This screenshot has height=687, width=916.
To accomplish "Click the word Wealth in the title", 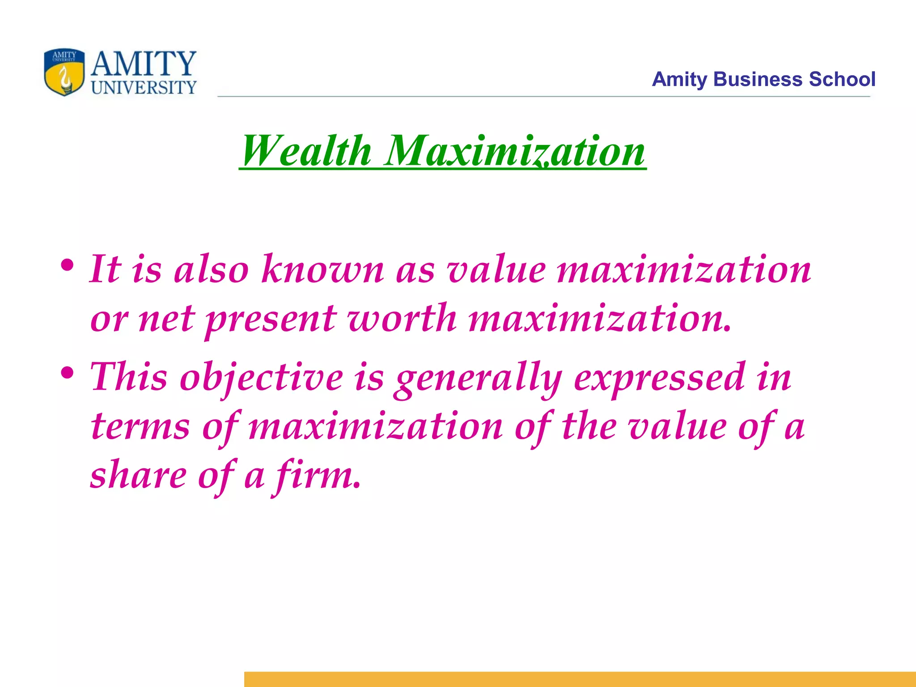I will (x=307, y=151).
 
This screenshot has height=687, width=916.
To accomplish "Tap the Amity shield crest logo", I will (x=64, y=72).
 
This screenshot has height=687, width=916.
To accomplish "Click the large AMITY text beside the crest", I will (x=144, y=64).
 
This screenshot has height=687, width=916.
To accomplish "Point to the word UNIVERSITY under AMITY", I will (x=144, y=87).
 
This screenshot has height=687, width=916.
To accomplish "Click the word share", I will (x=138, y=475).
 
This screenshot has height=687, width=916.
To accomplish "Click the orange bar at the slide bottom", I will (x=580, y=679).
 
